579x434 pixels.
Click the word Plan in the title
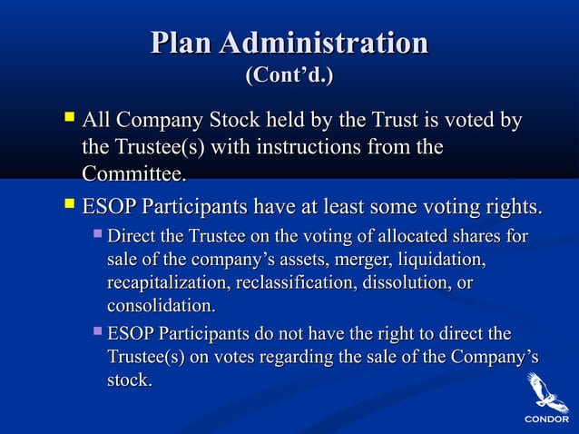(182, 44)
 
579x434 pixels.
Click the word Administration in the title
(324, 44)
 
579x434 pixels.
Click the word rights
(513, 208)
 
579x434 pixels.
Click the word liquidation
(441, 261)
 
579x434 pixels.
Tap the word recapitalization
(168, 283)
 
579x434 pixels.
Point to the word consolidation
(162, 306)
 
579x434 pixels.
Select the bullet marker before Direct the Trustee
(97, 235)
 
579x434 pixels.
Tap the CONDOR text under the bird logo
(545, 419)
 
